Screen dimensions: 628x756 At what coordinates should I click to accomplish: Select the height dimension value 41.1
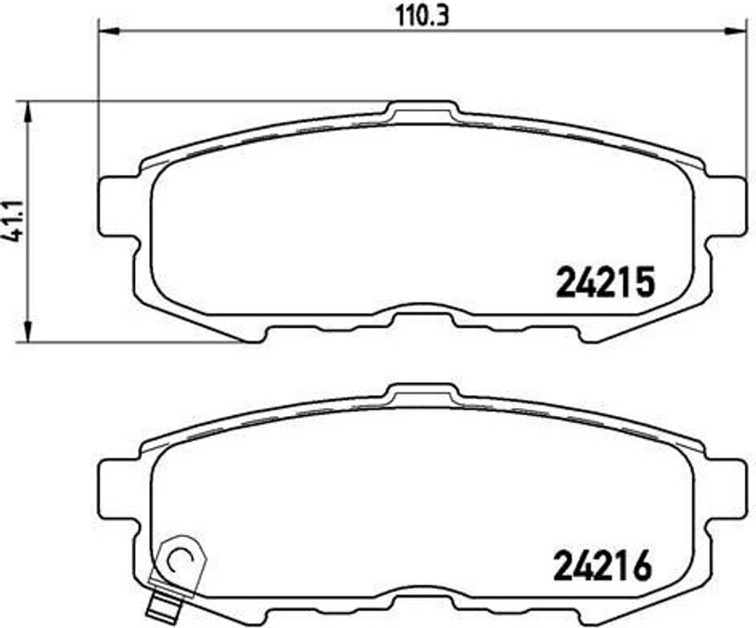[x=10, y=222]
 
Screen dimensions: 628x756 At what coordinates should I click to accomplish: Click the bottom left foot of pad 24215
[x=252, y=332]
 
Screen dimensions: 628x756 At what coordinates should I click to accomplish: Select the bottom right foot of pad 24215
[x=591, y=332]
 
